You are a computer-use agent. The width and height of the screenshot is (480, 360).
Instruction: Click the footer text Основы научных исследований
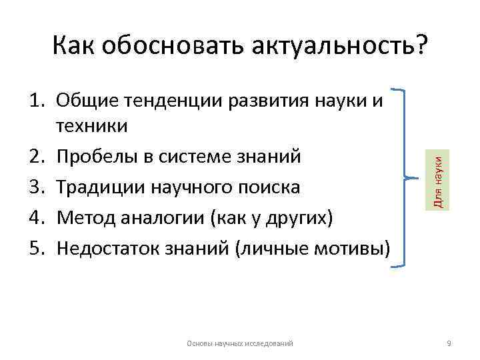pyautogui.click(x=241, y=343)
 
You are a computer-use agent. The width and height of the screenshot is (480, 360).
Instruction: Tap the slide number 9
pyautogui.click(x=449, y=343)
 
